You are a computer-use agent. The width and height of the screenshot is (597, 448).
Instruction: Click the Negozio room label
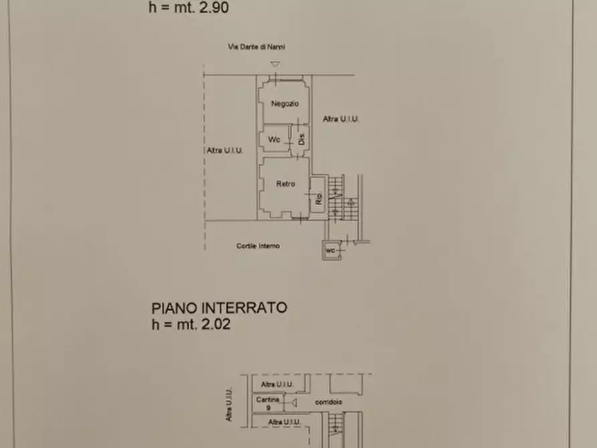coord(285,104)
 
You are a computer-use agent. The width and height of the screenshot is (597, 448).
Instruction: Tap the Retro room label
coord(285,184)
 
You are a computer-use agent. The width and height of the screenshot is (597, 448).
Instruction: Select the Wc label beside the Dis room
coord(274,140)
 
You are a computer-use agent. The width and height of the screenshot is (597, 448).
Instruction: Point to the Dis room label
coord(302,140)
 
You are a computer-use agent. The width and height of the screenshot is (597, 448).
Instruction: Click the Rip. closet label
coord(318,198)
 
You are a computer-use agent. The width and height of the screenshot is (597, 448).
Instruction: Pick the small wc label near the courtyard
coord(330,251)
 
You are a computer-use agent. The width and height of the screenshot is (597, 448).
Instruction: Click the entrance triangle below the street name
coord(275,64)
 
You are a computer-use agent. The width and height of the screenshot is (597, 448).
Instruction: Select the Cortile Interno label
coord(258,246)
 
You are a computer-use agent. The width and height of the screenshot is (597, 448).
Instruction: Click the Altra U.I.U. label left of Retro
coord(225,151)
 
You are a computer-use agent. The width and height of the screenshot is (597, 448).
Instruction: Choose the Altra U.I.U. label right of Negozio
coord(341,119)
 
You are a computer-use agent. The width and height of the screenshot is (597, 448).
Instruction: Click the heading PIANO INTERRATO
coord(219,308)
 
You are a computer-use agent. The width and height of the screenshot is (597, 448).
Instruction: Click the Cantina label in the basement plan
coord(267,399)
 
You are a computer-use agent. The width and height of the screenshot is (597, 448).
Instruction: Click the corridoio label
coord(328,403)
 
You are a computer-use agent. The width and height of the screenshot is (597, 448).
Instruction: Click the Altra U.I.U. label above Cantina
coord(277,384)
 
